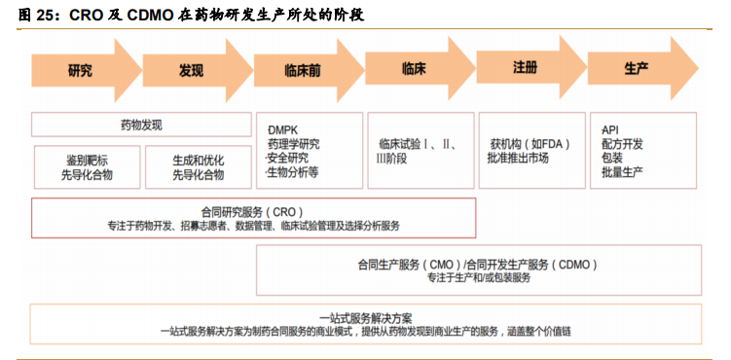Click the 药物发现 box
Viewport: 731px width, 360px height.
tap(141, 125)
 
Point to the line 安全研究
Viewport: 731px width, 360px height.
tap(288, 158)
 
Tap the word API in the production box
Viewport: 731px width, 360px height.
tap(610, 129)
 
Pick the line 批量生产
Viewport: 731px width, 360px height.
tap(624, 172)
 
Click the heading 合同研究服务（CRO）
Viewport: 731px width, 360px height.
tap(252, 211)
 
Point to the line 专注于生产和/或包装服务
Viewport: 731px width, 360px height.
tap(478, 277)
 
